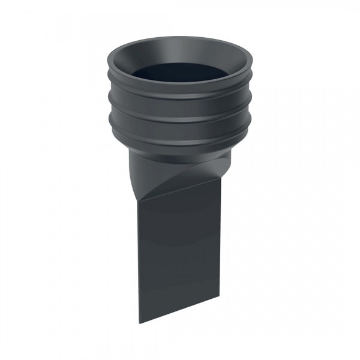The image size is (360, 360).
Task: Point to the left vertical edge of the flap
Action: tap(139, 264)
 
